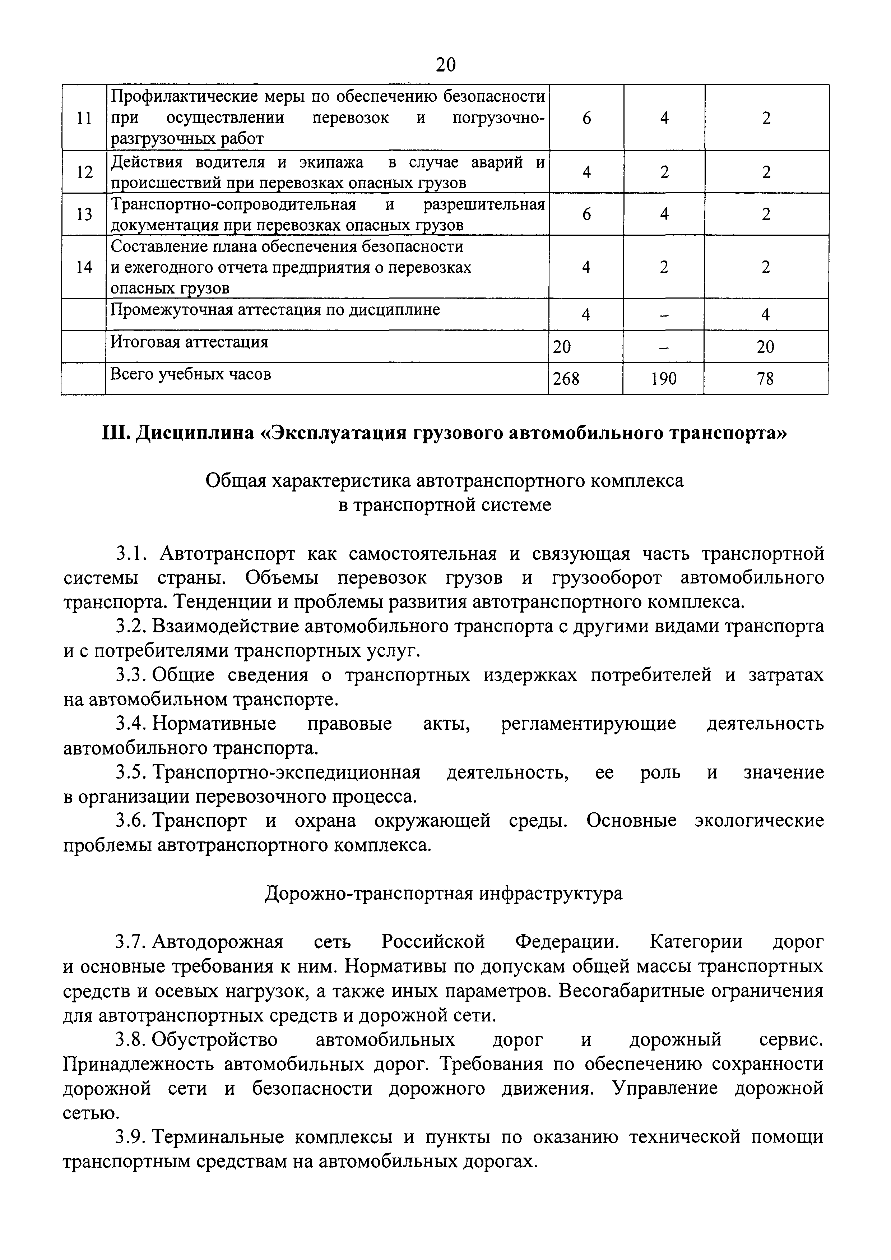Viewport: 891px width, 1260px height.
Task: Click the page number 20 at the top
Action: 445,65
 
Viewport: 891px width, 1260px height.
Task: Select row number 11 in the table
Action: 84,118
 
